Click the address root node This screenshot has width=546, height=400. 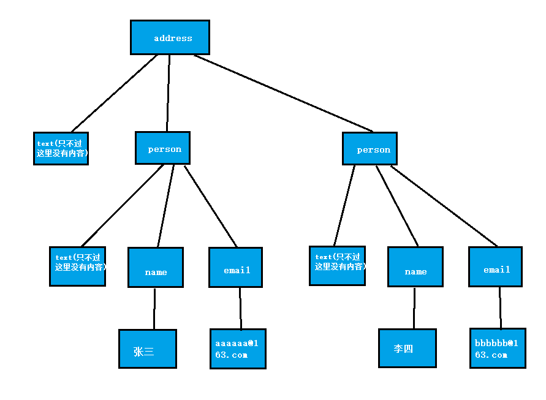170,37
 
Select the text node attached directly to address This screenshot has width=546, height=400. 61,148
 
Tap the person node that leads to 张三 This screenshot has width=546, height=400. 162,148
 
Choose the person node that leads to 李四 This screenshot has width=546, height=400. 371,149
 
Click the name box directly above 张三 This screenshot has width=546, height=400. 156,268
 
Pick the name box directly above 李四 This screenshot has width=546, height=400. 415,267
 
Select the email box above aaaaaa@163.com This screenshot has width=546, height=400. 235,268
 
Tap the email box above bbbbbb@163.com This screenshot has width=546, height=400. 495,267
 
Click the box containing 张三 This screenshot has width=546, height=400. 148,349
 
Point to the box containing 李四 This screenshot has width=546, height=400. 408,348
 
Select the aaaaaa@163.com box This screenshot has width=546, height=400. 238,349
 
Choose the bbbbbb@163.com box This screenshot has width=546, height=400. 498,348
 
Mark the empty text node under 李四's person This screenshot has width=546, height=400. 337,266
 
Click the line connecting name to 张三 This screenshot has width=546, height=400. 154,309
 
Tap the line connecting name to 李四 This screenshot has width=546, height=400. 414,308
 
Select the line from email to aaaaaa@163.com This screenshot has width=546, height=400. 240,309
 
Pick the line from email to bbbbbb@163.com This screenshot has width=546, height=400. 500,308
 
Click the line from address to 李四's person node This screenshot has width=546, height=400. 283,93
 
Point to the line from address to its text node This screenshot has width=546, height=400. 115,93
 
